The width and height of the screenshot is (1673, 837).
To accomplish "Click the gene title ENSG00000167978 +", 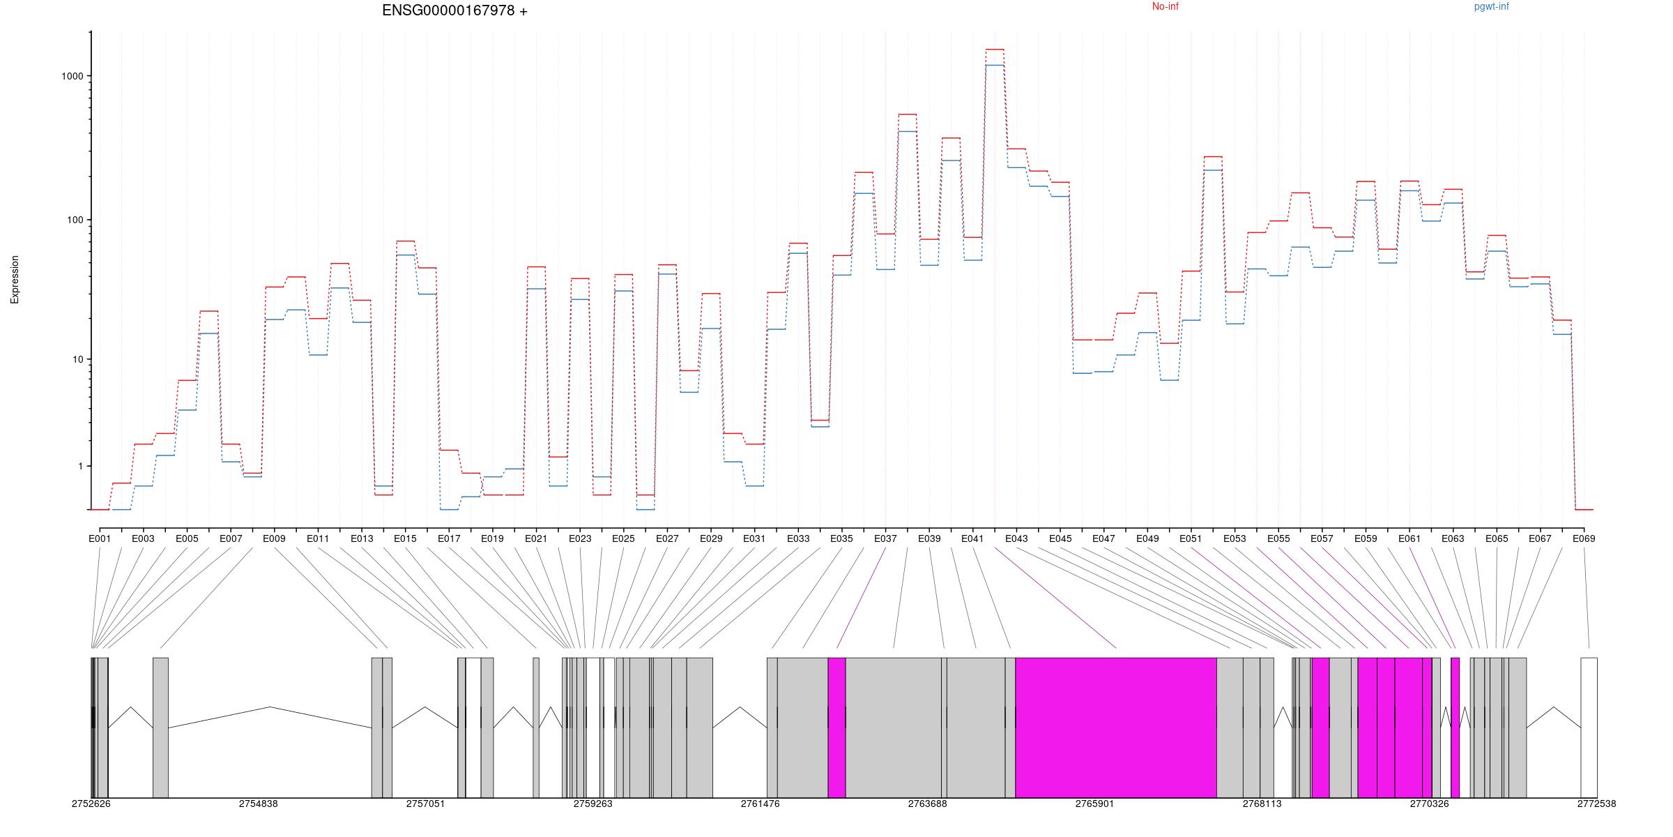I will (454, 10).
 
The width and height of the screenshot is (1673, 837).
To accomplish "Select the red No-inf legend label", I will (1165, 7).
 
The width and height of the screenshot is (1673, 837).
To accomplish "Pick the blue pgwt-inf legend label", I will (1491, 7).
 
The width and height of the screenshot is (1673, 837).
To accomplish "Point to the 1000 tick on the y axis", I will (72, 76).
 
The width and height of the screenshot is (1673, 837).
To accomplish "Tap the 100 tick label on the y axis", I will (75, 220).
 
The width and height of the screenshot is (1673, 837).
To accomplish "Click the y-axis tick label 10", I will (77, 360).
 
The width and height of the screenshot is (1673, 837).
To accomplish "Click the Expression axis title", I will (15, 279).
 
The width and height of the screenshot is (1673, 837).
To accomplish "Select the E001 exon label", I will (100, 538).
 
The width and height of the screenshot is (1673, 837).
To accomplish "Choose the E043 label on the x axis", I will (1016, 538).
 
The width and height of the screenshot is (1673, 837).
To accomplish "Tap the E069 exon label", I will (1584, 538).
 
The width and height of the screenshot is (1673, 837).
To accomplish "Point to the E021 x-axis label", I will (536, 538).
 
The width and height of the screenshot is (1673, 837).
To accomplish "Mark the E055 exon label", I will (1278, 538).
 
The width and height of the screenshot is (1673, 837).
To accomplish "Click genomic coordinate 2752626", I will (91, 804).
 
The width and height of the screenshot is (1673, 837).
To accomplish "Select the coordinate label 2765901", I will (1094, 804).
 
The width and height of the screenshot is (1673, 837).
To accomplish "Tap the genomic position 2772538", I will (1596, 804).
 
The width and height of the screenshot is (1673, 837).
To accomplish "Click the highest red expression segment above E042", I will (995, 50).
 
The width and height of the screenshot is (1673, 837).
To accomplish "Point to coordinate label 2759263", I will (593, 804).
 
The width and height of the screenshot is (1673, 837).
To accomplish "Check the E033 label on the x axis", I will (798, 538).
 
